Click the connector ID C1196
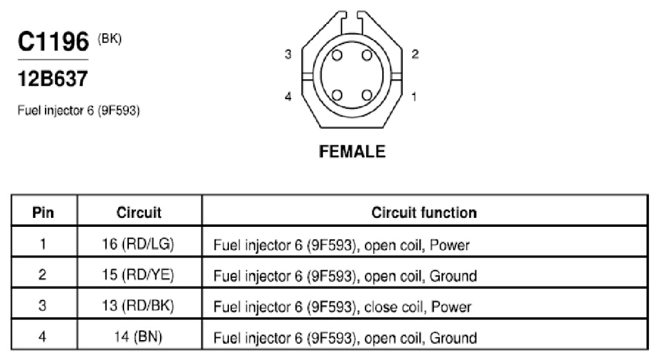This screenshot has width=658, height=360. click(53, 41)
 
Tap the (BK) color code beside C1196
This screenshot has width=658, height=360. click(110, 39)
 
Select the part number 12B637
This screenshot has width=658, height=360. click(53, 79)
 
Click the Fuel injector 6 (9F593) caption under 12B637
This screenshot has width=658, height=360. click(79, 110)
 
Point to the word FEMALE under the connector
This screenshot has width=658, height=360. click(352, 152)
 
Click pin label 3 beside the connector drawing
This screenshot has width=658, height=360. click(288, 54)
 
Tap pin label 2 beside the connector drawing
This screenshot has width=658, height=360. click(415, 54)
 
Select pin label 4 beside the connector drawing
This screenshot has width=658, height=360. click(288, 97)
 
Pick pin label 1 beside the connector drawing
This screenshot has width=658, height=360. click(415, 97)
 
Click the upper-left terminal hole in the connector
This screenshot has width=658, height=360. click(337, 55)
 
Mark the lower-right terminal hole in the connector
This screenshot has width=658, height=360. click(367, 95)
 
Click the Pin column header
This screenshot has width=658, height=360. click(43, 212)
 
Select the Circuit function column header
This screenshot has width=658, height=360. click(424, 212)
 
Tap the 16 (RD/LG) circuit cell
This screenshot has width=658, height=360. click(138, 243)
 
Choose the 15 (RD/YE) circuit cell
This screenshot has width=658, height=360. click(138, 274)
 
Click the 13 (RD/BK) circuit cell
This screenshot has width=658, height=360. click(138, 306)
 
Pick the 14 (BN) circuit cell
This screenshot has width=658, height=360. click(138, 337)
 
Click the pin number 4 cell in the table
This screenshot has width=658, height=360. click(42, 337)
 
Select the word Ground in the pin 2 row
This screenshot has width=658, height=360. click(453, 276)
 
